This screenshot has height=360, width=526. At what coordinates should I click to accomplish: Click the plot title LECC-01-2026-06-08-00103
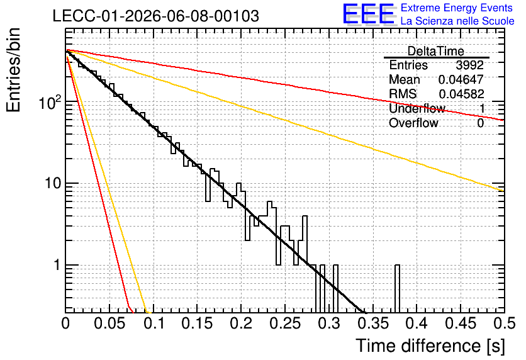tap(156, 16)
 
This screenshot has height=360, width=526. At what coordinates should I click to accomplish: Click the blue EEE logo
tap(368, 14)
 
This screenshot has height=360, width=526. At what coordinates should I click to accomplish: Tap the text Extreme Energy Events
tap(457, 8)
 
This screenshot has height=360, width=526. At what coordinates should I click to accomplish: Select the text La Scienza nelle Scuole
tap(457, 21)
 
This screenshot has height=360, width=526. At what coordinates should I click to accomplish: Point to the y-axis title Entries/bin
tap(13, 70)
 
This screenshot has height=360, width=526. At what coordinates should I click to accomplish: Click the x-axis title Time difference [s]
tap(430, 346)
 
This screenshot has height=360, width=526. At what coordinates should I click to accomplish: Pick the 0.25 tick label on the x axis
tap(285, 323)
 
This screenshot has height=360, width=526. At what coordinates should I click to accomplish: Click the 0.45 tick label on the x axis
tap(461, 323)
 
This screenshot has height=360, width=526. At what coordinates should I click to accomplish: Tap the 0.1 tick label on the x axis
tap(154, 323)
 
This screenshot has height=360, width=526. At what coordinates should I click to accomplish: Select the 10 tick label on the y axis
tap(53, 183)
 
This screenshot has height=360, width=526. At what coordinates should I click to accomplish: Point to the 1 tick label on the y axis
tap(57, 265)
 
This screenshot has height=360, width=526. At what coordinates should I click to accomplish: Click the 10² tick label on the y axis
tap(50, 102)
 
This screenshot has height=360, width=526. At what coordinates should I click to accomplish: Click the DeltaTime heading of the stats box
tap(436, 51)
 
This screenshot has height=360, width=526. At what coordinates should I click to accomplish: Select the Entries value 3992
tap(469, 65)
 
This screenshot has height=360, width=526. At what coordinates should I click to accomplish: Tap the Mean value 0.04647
tap(461, 79)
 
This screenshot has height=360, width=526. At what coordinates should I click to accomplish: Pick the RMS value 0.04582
tap(461, 94)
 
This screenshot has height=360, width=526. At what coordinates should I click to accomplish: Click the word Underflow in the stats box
tap(417, 108)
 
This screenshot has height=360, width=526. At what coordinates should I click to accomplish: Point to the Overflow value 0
tap(480, 123)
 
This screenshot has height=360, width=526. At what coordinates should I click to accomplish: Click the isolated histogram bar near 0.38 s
tap(397, 289)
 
